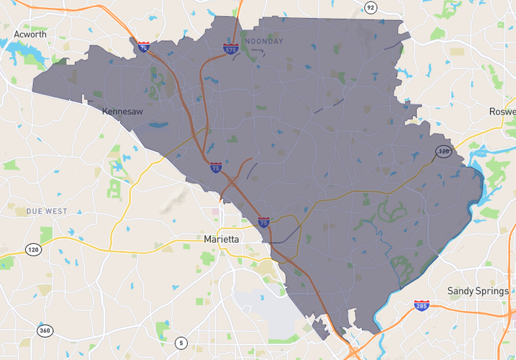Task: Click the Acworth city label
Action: [x=31, y=35]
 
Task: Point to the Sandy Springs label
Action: [x=478, y=291]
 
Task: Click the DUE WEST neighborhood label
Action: [x=46, y=212]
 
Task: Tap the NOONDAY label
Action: [x=264, y=41]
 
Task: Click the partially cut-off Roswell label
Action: [x=503, y=112]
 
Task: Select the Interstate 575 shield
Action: [x=230, y=49]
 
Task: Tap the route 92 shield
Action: [x=370, y=8]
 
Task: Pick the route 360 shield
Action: [x=45, y=330]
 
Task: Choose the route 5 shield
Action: [x=181, y=342]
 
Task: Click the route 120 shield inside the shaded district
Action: [x=443, y=151]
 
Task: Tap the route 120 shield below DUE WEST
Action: [x=33, y=249]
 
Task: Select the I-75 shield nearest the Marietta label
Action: [x=263, y=222]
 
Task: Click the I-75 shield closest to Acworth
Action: [x=144, y=47]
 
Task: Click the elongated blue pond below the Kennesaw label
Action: [x=158, y=125]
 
